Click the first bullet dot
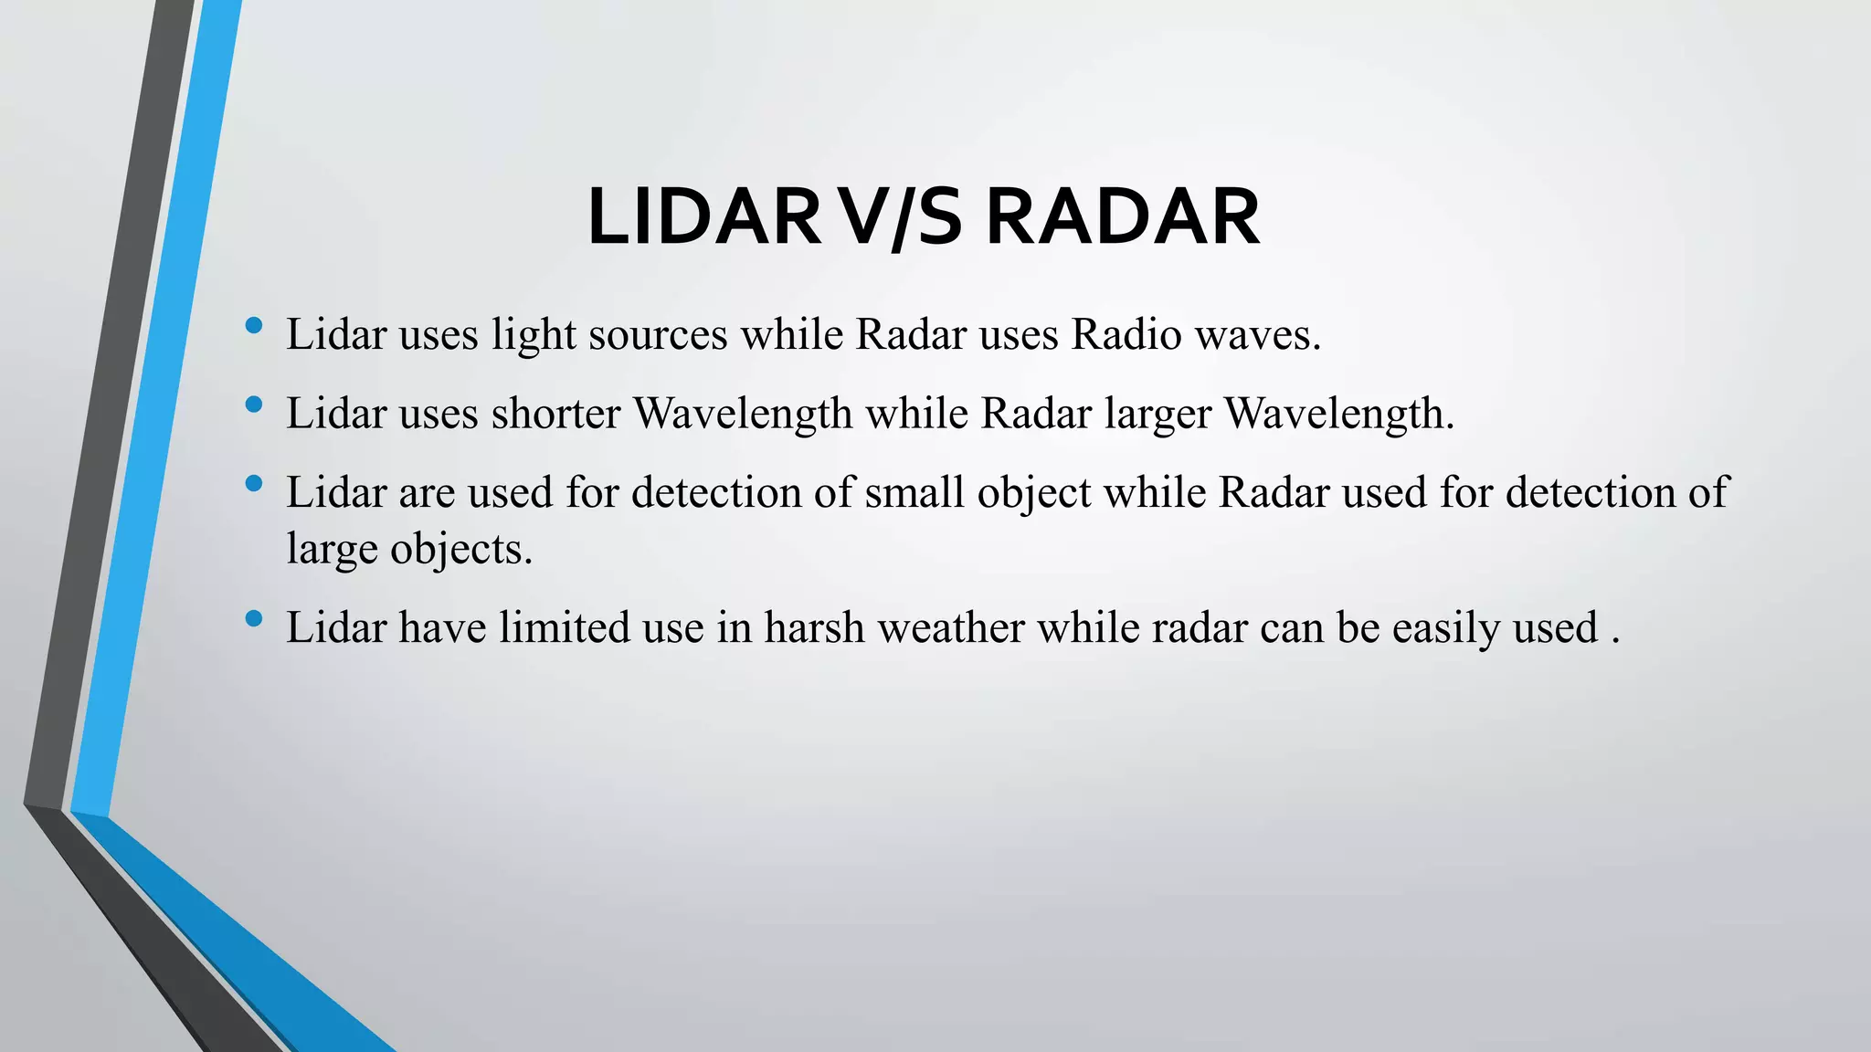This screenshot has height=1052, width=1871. pos(254,325)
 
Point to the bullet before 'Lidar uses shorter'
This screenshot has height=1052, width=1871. pos(254,404)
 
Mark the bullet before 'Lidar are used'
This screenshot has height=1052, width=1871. pos(254,483)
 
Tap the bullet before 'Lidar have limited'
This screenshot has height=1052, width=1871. pos(254,618)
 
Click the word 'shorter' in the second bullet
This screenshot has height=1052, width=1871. pos(555,414)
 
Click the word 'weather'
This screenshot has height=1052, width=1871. pos(950,628)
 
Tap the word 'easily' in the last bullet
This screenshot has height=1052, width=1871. pos(1445,629)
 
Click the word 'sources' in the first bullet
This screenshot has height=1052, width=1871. pos(658,335)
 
